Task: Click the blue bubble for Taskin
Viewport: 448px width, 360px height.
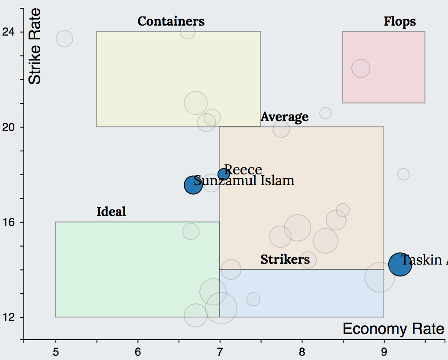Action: tap(399, 264)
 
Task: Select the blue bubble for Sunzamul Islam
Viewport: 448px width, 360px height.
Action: tap(193, 185)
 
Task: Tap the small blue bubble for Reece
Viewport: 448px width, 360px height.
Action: tap(224, 174)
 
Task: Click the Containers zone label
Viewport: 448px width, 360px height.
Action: tap(171, 21)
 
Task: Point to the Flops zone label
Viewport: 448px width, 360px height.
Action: tap(399, 21)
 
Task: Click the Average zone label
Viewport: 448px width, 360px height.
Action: tap(284, 117)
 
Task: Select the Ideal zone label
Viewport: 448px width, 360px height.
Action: tap(111, 212)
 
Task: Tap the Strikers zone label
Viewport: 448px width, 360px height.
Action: tap(285, 259)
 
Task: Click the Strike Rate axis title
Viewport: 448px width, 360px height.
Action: tap(35, 47)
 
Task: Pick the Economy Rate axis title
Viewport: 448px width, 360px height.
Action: tap(393, 329)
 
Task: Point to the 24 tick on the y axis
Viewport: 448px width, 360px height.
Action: tap(8, 32)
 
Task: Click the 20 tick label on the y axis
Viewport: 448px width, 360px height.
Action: tap(8, 127)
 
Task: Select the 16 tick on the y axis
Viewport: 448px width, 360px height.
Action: tap(8, 222)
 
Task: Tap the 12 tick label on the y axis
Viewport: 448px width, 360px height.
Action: tap(8, 317)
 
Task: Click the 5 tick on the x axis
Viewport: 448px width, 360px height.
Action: tap(55, 350)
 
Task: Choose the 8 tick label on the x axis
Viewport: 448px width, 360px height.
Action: tap(302, 350)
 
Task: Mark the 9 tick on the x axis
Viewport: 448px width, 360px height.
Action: tap(384, 350)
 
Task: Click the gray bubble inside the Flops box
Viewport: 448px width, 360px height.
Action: tap(360, 69)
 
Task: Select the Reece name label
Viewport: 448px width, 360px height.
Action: tap(243, 170)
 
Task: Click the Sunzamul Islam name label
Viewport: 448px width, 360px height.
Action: tap(244, 180)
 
